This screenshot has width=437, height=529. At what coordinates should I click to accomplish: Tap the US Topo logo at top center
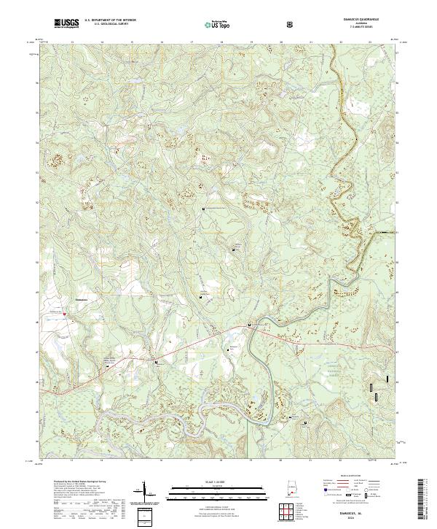[x=210, y=25]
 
